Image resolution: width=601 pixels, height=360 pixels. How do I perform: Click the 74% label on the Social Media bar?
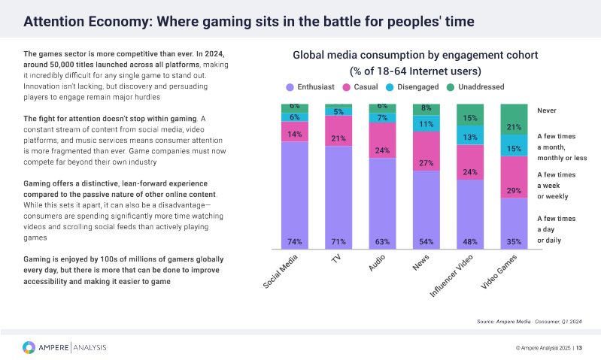(295, 242)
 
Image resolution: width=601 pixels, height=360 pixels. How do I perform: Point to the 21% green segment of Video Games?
(514, 127)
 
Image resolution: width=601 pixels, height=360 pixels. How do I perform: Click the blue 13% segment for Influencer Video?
(470, 137)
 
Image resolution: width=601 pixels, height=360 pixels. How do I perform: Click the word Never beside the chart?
(547, 110)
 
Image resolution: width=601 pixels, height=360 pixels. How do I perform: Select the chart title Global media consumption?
(415, 56)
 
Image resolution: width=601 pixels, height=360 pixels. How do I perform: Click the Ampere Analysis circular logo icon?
(29, 347)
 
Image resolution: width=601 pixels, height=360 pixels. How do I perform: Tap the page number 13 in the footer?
(589, 348)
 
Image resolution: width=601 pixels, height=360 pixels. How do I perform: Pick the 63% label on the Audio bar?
(382, 242)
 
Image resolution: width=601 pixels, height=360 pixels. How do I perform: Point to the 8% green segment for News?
(426, 109)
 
